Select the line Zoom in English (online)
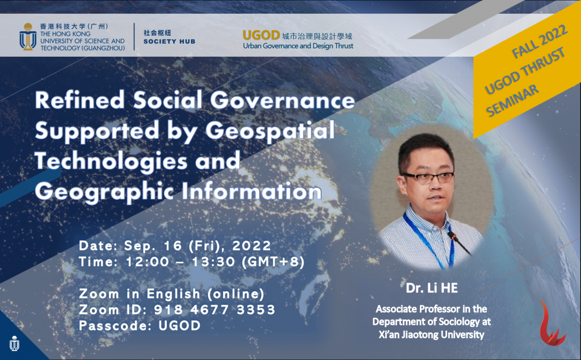click(x=172, y=294)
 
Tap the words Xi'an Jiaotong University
click(x=431, y=334)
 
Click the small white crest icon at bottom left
click(x=14, y=344)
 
